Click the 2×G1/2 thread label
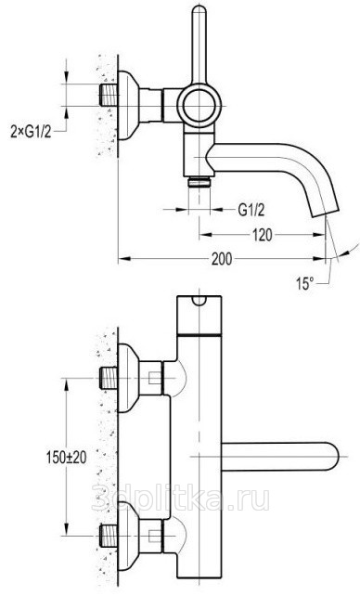tap(31, 132)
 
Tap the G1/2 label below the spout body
tap(251, 210)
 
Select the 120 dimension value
tap(263, 235)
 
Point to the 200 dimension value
tap(222, 259)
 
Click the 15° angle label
tap(305, 283)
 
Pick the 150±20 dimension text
tap(67, 457)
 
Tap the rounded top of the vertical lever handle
tap(199, 12)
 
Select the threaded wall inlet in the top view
tap(109, 95)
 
